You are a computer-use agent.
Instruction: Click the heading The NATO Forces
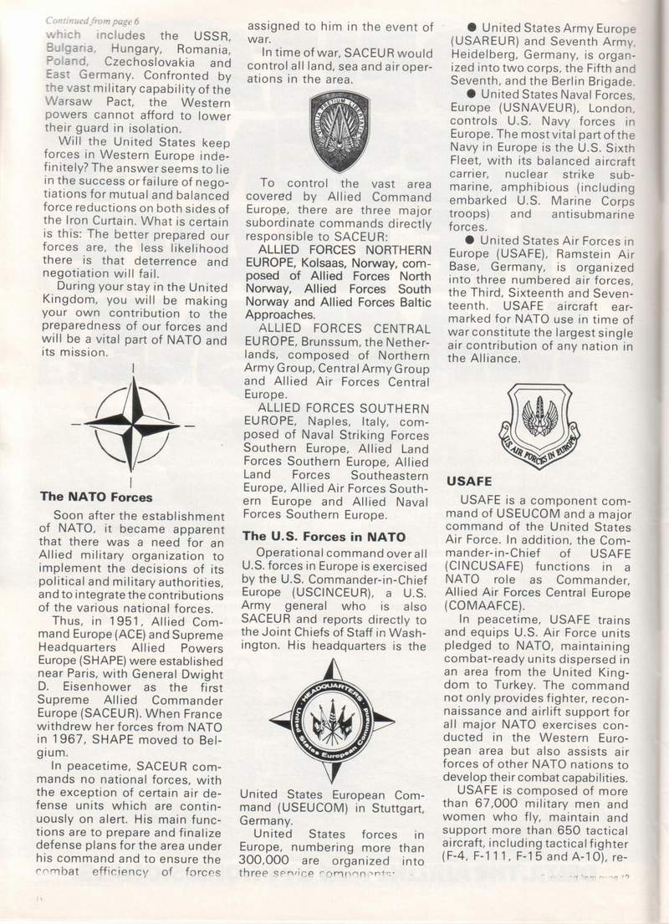click(97, 497)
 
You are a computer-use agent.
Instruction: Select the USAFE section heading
click(469, 481)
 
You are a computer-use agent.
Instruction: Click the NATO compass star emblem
click(132, 423)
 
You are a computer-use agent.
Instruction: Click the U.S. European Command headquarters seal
click(333, 718)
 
